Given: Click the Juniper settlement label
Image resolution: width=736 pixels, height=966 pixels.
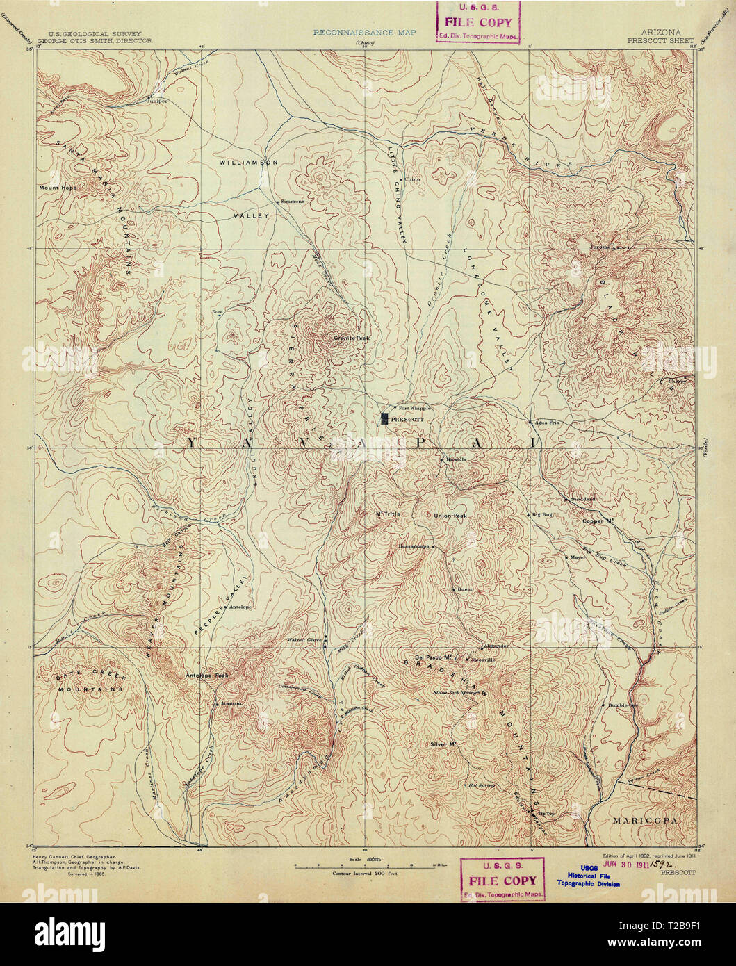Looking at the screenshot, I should click(158, 101).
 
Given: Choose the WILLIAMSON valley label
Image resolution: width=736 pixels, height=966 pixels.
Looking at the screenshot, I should click(249, 162).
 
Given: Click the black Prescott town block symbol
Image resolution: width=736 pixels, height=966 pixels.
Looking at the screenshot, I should click(384, 419).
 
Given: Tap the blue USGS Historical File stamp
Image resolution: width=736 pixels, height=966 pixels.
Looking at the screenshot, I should click(588, 879).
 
